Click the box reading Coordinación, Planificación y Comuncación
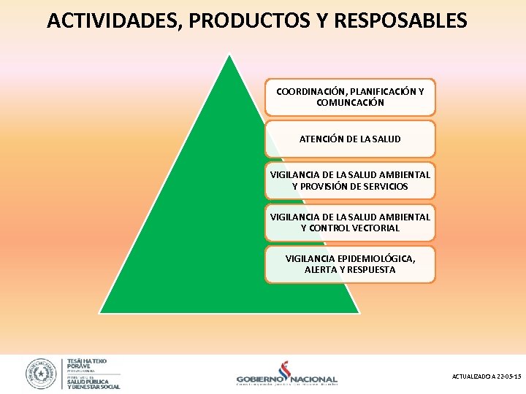350,97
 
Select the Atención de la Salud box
350,139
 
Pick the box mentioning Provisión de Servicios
350,180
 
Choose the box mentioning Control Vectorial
350,222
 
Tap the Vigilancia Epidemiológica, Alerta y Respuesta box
350,263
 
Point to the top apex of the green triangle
230,55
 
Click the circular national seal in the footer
42,374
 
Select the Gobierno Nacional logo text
286,379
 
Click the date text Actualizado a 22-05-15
487,376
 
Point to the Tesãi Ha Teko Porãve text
87,363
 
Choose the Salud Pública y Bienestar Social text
93,383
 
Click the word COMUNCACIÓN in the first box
350,103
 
